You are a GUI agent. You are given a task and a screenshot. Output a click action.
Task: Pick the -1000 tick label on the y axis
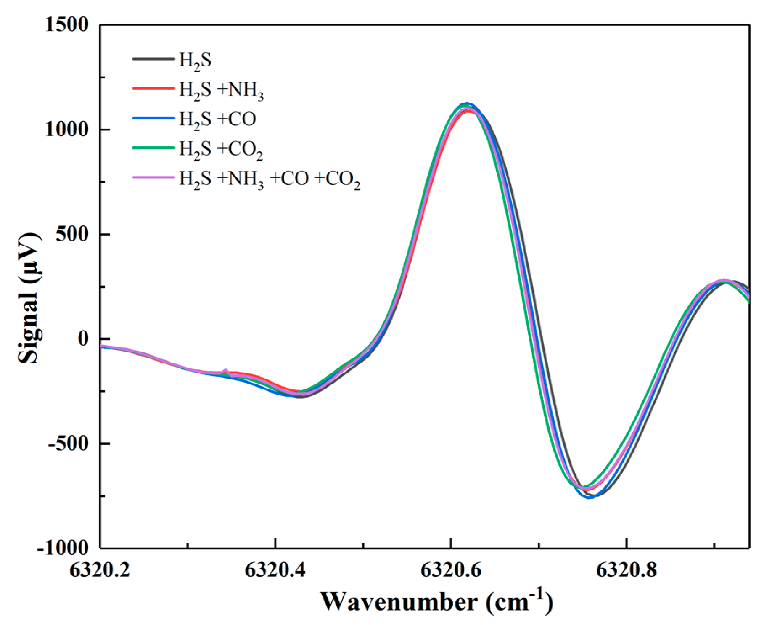pyautogui.click(x=63, y=548)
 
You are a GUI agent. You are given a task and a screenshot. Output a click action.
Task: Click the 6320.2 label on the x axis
pyautogui.click(x=100, y=571)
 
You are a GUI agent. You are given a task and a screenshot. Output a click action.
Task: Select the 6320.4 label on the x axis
pyautogui.click(x=275, y=571)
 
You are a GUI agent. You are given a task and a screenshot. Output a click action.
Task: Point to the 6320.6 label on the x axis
pyautogui.click(x=451, y=571)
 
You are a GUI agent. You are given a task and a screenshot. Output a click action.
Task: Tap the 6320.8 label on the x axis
pyautogui.click(x=626, y=571)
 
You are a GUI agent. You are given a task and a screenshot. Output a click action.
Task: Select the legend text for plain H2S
pyautogui.click(x=195, y=61)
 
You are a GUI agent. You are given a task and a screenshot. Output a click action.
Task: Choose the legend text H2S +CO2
pyautogui.click(x=221, y=149)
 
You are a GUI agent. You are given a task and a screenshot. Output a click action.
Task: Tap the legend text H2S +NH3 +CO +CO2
pyautogui.click(x=270, y=180)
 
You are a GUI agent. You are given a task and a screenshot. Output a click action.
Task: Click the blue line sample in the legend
pyautogui.click(x=153, y=119)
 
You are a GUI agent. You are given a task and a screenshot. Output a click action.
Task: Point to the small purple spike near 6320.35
pyautogui.click(x=225, y=371)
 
